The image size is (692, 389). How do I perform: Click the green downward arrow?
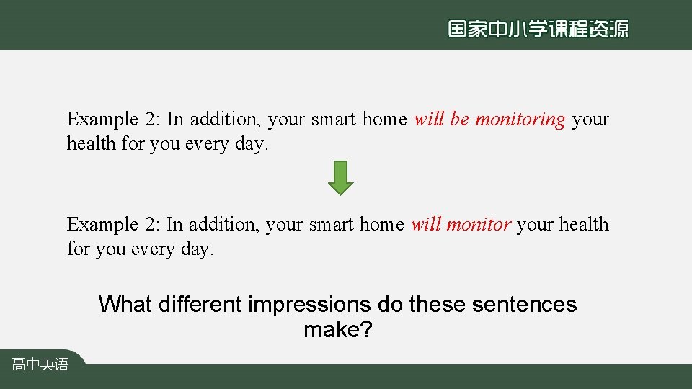[x=341, y=178]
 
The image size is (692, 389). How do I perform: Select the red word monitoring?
[x=520, y=120]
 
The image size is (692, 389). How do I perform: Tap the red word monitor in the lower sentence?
[x=479, y=225]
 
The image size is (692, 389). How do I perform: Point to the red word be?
[x=460, y=120]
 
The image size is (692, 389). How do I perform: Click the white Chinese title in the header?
[x=538, y=28]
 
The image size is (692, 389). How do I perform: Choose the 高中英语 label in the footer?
[x=40, y=365]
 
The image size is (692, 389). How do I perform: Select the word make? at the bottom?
[x=338, y=330]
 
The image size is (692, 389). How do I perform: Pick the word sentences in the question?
[x=524, y=305]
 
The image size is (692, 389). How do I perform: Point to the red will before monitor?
[x=426, y=225]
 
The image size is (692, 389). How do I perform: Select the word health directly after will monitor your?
[x=584, y=225]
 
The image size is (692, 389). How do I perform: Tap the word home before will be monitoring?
[x=384, y=120]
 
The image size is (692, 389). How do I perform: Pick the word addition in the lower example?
[x=223, y=225]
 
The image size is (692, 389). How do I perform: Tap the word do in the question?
[x=391, y=305]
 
